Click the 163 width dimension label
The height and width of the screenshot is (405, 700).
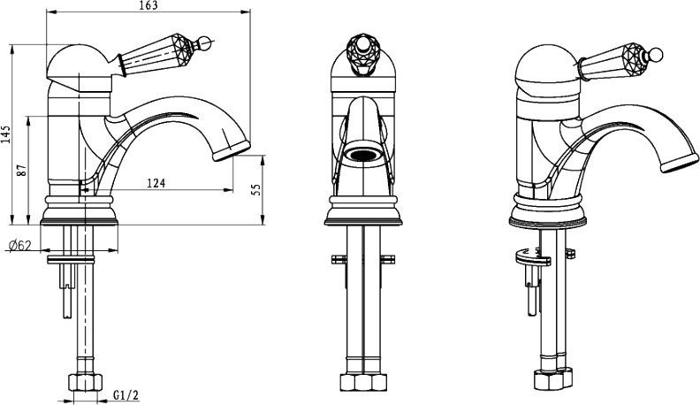pyautogui.click(x=148, y=5)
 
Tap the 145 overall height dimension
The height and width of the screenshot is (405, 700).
pyautogui.click(x=5, y=134)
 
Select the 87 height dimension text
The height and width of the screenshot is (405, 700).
pyautogui.click(x=22, y=170)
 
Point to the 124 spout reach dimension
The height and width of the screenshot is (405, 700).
pyautogui.click(x=156, y=183)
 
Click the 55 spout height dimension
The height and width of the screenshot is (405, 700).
pyautogui.click(x=256, y=189)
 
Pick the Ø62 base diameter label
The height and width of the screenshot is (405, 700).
pyautogui.click(x=19, y=245)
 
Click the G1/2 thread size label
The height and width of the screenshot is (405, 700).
pyautogui.click(x=126, y=394)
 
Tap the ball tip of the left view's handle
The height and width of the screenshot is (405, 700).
pyautogui.click(x=204, y=43)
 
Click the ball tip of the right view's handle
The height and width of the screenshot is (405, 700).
pyautogui.click(x=656, y=55)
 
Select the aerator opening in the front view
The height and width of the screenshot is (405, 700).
pyautogui.click(x=363, y=155)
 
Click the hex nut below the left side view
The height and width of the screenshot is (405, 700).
pyautogui.click(x=85, y=383)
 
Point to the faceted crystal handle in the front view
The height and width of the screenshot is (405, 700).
pyautogui.click(x=363, y=54)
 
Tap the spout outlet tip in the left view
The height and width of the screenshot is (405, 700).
pyautogui.click(x=232, y=150)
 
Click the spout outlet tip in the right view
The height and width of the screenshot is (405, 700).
pyautogui.click(x=680, y=163)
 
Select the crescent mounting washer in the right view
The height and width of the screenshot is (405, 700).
pyautogui.click(x=532, y=256)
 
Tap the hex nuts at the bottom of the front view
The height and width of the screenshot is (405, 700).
pyautogui.click(x=363, y=382)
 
